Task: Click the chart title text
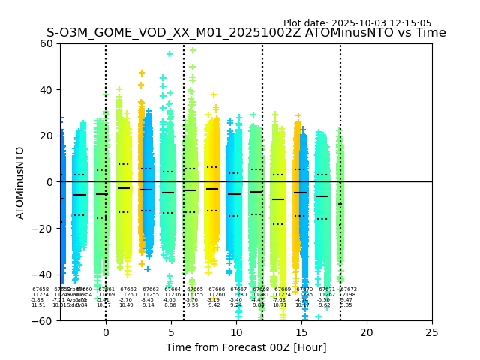tap(246, 33)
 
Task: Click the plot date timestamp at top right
tap(357, 23)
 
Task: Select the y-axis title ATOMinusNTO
tap(21, 182)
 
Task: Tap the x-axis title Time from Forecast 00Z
tap(246, 347)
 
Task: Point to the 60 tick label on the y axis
tap(46, 43)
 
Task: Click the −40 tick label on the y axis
tap(43, 274)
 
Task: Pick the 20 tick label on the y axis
tap(46, 136)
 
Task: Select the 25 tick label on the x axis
tap(432, 332)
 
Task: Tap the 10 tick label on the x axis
tap(236, 332)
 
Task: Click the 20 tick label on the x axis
tap(367, 332)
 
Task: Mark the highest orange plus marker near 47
tap(142, 73)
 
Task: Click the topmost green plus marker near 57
tap(193, 50)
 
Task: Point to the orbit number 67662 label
tap(128, 289)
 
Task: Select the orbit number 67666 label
tap(217, 289)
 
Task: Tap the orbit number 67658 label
tap(40, 289)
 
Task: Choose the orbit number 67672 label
tap(349, 289)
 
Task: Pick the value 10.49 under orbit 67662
tap(126, 305)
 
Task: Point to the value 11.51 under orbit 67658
tap(38, 305)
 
